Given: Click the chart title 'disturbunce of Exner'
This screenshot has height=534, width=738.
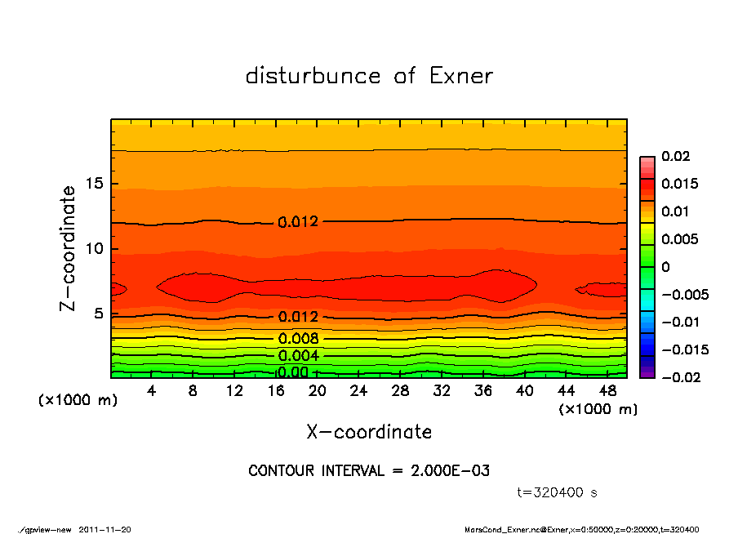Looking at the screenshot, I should click(369, 76).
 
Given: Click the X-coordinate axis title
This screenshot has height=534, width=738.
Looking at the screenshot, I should click(369, 431).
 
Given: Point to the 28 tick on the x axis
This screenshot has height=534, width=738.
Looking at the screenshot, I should click(400, 391).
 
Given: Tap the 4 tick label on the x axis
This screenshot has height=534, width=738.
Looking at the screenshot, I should click(151, 391).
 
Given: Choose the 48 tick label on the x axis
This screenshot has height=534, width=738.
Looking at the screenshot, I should click(607, 391).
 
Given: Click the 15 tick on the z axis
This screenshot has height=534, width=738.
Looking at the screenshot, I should click(94, 184).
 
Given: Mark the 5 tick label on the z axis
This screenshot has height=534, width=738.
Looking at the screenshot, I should click(98, 314).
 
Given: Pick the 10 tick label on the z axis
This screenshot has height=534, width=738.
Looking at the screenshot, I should click(94, 249).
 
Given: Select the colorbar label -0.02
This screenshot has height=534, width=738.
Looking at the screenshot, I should click(679, 377).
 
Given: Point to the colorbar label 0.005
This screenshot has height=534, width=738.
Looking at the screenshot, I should click(679, 239).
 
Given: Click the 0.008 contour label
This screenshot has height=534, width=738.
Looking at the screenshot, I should click(298, 339).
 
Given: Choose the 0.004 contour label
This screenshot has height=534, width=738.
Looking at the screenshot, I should click(298, 356).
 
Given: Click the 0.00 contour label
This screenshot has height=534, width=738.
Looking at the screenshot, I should click(292, 372).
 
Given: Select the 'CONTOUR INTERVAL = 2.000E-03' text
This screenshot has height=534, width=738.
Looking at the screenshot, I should click(369, 471).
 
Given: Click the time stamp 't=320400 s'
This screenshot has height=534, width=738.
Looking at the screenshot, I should click(558, 492).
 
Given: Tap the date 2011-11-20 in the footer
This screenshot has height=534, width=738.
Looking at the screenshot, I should click(104, 529).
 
